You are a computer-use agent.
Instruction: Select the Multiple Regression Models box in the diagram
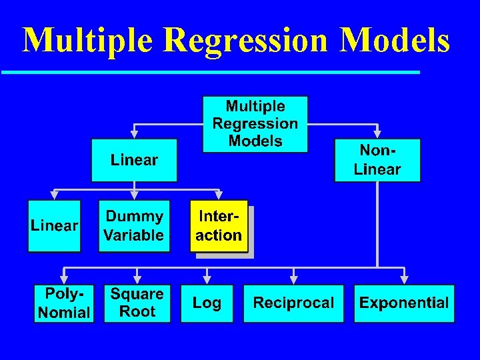point(255,124)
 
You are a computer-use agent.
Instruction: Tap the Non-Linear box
point(377,160)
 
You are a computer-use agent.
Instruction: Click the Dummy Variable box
point(134,226)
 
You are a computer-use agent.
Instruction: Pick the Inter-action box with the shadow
point(219,226)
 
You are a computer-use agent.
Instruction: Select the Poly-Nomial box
point(63,303)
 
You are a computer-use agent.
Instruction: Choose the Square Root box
point(137,303)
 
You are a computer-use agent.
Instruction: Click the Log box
point(207,303)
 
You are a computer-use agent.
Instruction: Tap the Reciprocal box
point(293,303)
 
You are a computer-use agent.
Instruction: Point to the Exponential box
point(403,303)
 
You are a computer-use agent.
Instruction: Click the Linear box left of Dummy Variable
point(54,226)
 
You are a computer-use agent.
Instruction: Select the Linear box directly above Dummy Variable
point(134,160)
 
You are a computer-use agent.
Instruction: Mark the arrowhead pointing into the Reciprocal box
point(293,279)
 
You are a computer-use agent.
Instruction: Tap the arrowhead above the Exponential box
point(403,279)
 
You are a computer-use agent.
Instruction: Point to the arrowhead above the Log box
point(207,279)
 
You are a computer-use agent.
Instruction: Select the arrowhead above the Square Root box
point(137,279)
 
